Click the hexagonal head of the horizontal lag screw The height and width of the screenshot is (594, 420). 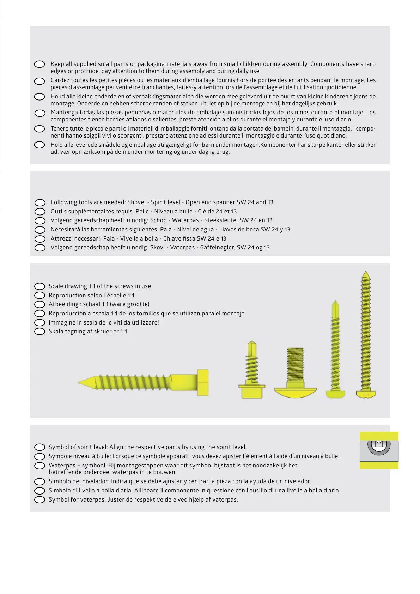[203, 382]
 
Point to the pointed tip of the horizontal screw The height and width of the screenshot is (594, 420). [80, 382]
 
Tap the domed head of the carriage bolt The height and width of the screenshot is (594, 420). [295, 392]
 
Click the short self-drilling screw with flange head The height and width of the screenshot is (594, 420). [252, 370]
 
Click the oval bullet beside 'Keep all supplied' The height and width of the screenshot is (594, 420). [39, 64]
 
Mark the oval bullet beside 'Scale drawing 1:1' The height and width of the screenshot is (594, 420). [39, 286]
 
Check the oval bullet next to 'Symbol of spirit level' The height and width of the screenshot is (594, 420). [39, 447]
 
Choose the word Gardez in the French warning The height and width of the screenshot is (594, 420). [60, 80]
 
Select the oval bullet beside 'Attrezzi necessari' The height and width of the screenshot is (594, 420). [40, 239]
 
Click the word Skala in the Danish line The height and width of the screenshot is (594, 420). [56, 331]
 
